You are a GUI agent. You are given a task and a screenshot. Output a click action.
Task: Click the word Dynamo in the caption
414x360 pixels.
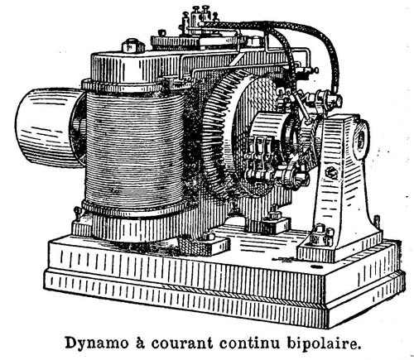click(97, 343)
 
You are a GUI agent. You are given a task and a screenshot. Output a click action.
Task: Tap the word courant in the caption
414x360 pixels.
click(182, 343)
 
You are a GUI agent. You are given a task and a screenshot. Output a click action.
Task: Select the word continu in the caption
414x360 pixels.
click(250, 343)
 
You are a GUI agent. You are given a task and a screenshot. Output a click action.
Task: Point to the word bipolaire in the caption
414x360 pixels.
click(324, 343)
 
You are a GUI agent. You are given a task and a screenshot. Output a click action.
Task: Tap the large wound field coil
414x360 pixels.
click(135, 151)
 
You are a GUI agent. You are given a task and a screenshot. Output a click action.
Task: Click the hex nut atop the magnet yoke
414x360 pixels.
click(133, 46)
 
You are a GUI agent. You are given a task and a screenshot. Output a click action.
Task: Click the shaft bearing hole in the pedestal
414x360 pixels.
click(362, 138)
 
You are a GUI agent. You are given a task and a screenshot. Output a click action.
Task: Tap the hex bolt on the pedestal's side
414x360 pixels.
click(331, 173)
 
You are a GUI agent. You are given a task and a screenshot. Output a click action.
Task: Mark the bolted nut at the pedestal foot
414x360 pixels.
click(320, 233)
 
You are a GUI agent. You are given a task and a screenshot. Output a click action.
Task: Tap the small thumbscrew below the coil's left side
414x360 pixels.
click(78, 213)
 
